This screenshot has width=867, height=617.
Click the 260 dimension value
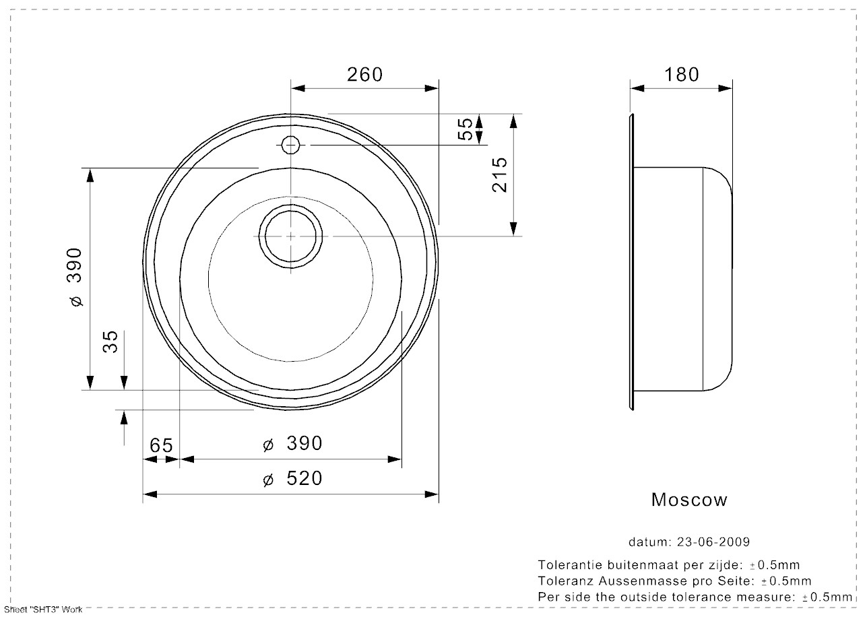(364, 75)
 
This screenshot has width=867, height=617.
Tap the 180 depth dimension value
(682, 75)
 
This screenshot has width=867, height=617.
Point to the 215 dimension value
(500, 174)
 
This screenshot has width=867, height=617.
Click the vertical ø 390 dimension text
(75, 278)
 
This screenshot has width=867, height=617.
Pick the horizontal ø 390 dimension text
(292, 444)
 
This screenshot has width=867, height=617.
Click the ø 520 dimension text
(292, 478)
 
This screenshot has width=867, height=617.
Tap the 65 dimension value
(161, 445)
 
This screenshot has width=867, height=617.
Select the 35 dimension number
(110, 342)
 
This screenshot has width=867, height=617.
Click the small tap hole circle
(290, 145)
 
